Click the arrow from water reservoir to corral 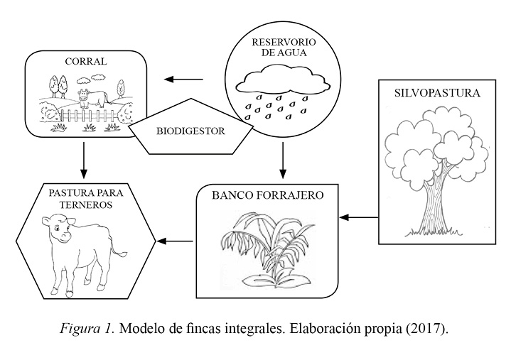181,80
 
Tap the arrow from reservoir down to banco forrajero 283,160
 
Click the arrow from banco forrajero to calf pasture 175,241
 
